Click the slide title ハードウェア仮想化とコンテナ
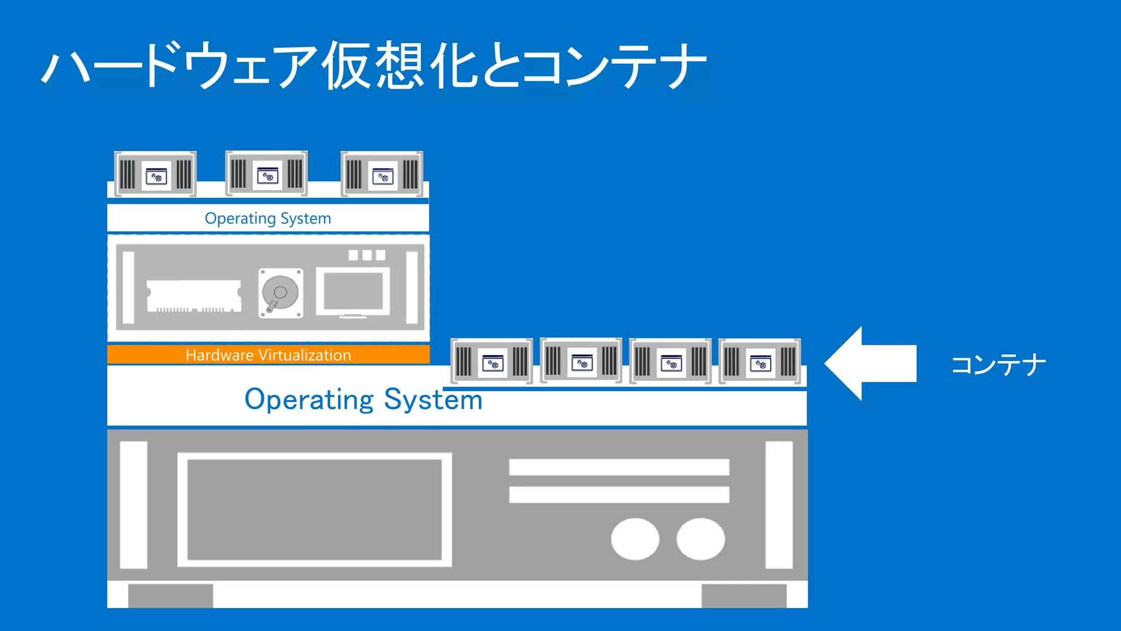coord(374,66)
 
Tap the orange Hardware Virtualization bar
coord(268,354)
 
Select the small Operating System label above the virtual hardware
coord(268,218)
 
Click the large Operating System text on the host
coord(363,399)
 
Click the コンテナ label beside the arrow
coord(998,365)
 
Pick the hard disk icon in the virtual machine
coord(280,293)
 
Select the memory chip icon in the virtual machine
coord(194,296)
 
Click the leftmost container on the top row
coord(155,174)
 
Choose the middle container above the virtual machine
coord(267,174)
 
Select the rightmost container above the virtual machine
coord(382,174)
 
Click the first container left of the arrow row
coord(492,362)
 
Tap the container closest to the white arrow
coord(760,362)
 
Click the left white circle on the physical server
coord(635,539)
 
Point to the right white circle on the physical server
coord(701,539)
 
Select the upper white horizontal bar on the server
coord(619,467)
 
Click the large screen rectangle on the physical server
coord(315,509)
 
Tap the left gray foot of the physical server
coord(171,595)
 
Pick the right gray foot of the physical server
coord(744,595)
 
